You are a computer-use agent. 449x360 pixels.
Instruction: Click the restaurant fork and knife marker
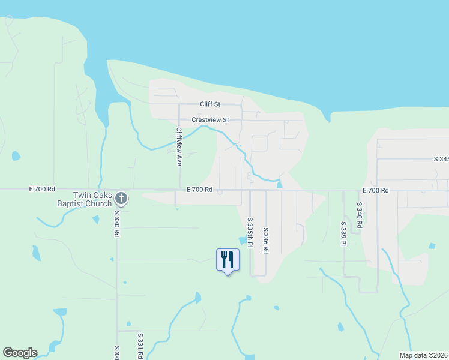(228, 260)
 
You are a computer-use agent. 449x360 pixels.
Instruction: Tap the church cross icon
(121, 197)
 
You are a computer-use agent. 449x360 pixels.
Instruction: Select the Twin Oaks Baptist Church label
(92, 199)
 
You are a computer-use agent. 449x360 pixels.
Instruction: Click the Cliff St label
(211, 104)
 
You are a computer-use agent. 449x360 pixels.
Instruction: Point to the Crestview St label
(210, 120)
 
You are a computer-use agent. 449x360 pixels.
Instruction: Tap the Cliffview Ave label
(178, 146)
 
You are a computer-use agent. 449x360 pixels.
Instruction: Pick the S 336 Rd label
(265, 241)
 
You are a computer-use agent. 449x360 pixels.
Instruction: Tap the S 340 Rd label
(359, 214)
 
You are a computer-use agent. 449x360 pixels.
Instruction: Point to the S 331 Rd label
(140, 346)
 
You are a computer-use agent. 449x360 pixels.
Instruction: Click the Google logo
(20, 353)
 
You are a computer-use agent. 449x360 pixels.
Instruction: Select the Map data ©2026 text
(423, 355)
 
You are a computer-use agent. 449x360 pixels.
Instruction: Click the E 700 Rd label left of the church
(42, 188)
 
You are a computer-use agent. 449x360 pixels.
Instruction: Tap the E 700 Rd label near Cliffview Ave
(199, 190)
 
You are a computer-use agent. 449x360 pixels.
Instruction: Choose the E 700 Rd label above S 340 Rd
(376, 190)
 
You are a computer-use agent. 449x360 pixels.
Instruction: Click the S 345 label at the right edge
(441, 159)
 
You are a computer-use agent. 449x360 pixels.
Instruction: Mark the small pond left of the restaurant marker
(37, 253)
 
